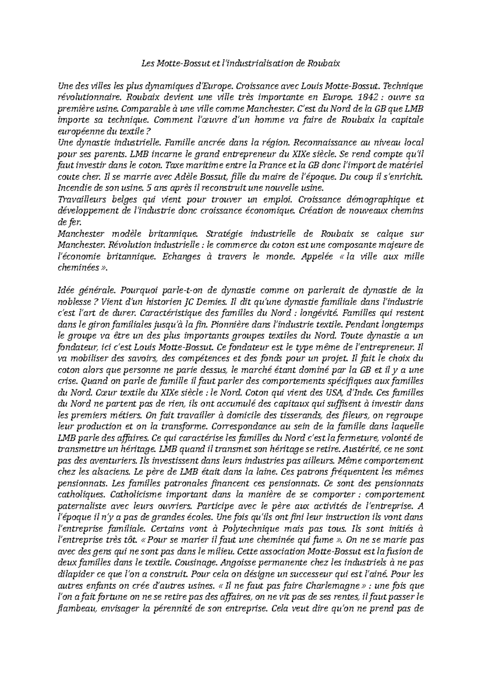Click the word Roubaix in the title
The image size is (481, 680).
tap(324, 63)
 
